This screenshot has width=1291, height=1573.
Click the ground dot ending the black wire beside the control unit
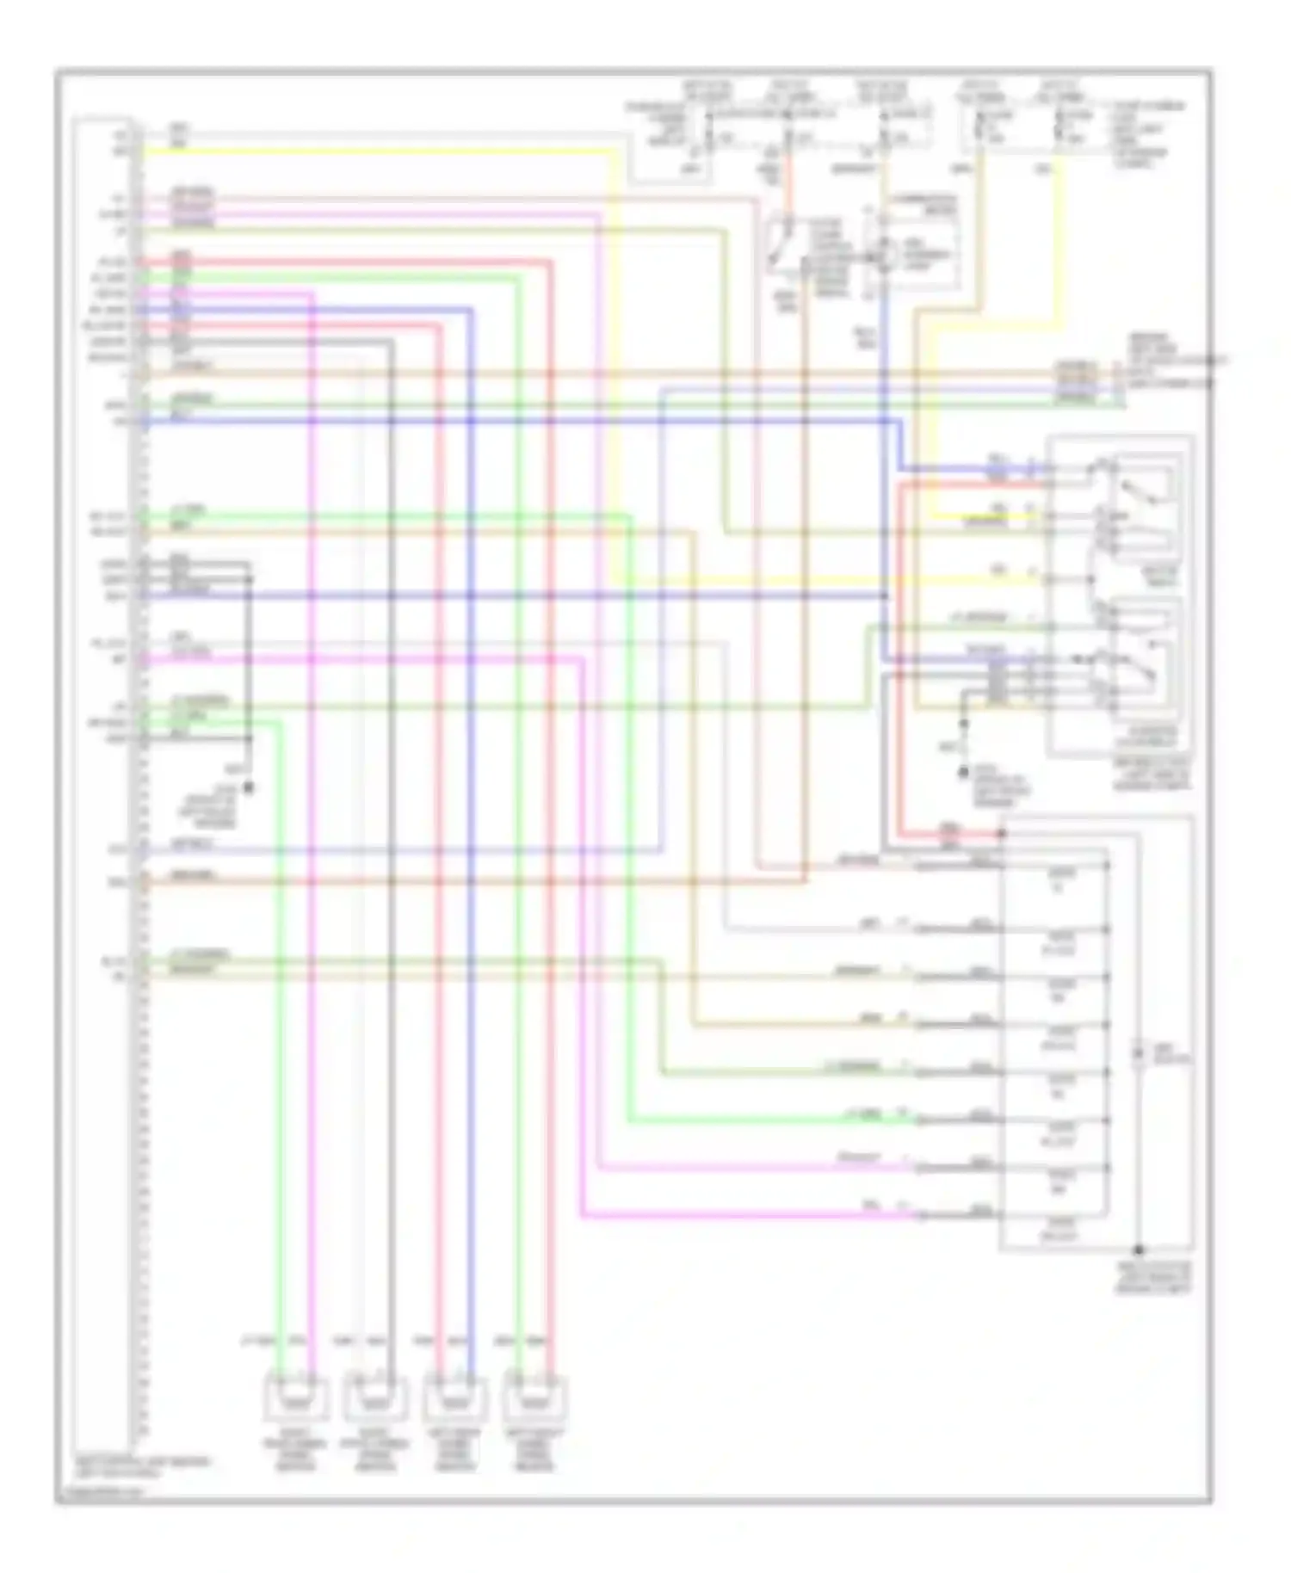(x=250, y=786)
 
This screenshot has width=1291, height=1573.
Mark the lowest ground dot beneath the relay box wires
(x=964, y=774)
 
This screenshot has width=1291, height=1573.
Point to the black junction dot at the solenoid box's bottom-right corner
(x=1138, y=1249)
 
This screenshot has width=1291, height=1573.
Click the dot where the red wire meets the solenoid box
(x=1002, y=834)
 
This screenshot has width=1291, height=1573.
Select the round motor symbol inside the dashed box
(x=880, y=256)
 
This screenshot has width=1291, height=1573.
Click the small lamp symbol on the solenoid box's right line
(x=1138, y=1053)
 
